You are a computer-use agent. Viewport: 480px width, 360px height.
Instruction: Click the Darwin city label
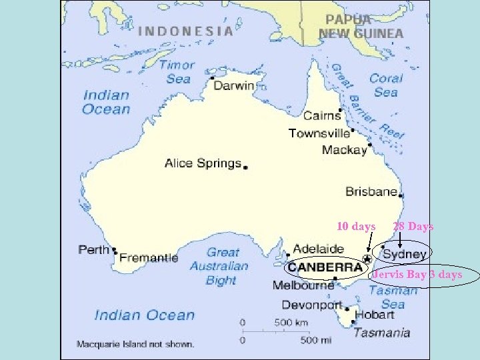234,85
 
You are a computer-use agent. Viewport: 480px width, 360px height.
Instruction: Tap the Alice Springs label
203,163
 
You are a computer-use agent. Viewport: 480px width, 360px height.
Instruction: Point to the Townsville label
319,133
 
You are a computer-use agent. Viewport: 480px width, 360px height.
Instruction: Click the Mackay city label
344,149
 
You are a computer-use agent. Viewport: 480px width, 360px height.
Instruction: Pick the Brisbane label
371,191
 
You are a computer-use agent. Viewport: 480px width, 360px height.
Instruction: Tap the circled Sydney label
405,254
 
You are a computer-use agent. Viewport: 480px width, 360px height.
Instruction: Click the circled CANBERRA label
325,268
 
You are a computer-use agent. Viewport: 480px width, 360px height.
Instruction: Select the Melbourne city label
303,285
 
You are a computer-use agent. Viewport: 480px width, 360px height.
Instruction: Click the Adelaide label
319,249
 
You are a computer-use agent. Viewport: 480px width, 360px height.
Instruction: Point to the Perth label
93,250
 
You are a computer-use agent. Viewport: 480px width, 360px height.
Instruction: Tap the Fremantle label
149,257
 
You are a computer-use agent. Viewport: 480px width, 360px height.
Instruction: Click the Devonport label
312,305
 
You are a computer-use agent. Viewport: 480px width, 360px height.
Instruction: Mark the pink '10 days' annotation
356,227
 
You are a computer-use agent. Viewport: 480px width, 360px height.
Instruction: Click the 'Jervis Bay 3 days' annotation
417,275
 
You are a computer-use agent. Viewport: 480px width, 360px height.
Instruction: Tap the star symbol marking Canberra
367,258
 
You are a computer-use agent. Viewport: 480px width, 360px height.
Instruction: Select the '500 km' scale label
291,323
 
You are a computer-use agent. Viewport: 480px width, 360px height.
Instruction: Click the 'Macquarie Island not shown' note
135,345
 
